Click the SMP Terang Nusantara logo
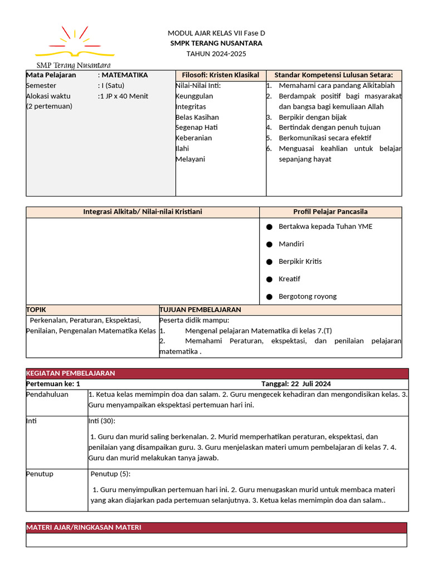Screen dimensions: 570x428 click(x=74, y=46)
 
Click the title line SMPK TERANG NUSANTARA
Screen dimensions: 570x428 click(x=216, y=43)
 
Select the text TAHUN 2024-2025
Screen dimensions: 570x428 click(x=216, y=54)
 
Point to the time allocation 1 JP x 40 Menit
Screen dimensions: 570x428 click(x=124, y=96)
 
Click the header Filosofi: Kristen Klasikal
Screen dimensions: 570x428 click(x=221, y=75)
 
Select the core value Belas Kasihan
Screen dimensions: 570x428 click(x=197, y=117)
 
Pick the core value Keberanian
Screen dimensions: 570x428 click(x=193, y=138)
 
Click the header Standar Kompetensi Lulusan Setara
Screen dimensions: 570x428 click(x=333, y=75)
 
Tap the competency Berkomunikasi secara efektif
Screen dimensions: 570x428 click(x=325, y=138)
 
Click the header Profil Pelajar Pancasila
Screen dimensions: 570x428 click(x=330, y=212)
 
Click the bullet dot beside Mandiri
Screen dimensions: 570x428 click(x=269, y=244)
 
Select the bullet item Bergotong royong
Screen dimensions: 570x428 click(x=308, y=297)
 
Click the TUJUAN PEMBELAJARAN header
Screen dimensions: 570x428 click(x=200, y=310)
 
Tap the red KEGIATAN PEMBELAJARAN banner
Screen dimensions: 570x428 click(x=217, y=374)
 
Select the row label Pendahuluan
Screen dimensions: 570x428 click(x=47, y=395)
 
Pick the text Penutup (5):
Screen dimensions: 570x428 click(x=110, y=474)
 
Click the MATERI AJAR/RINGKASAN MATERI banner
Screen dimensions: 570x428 click(x=216, y=528)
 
